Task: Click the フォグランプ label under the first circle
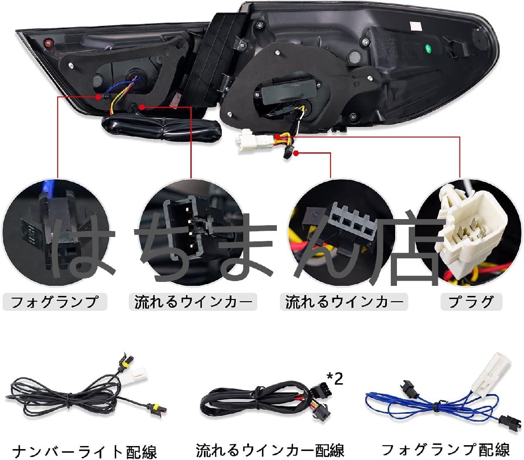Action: coord(55,302)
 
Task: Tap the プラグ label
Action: coord(471,302)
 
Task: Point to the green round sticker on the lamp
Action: coord(429,48)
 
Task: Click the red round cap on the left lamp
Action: coord(48,42)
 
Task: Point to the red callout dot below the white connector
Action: coord(296,153)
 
